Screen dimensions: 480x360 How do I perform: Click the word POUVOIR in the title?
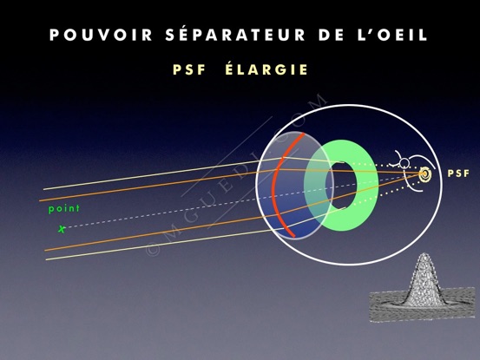click(101, 35)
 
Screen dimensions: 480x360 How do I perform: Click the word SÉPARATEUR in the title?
click(235, 34)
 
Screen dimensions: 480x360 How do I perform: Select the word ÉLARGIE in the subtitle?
click(266, 69)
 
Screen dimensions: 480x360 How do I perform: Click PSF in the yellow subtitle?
click(189, 69)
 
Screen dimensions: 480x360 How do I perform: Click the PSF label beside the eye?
click(458, 173)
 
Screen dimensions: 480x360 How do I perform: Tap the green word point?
click(64, 208)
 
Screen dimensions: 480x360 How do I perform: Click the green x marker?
click(62, 229)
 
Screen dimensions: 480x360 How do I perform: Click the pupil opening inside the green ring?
click(341, 186)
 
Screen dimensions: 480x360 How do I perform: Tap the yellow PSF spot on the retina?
click(425, 174)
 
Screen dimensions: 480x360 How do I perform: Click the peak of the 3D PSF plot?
click(424, 254)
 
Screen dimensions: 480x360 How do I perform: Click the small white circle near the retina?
click(404, 163)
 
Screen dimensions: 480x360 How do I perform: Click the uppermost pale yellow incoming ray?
click(163, 173)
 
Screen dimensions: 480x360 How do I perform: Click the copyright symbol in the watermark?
click(153, 249)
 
